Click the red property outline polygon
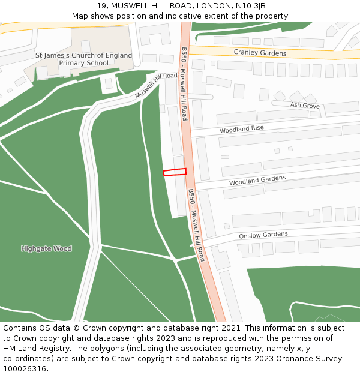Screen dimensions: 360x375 tap(175, 172)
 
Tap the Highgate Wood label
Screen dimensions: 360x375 tap(46, 248)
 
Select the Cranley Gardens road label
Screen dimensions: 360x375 tap(260, 53)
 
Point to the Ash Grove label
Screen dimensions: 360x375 tap(305, 105)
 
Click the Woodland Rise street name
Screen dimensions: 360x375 tap(241, 129)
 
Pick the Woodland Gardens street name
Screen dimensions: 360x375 tap(257, 179)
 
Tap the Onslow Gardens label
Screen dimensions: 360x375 tap(263, 235)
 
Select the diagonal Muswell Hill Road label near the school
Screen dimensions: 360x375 tap(156, 86)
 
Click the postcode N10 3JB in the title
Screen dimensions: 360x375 tap(250, 6)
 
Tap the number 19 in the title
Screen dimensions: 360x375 tap(101, 6)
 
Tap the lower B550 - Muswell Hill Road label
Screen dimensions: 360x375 tap(196, 225)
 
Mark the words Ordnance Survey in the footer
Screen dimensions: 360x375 tap(311, 358)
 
